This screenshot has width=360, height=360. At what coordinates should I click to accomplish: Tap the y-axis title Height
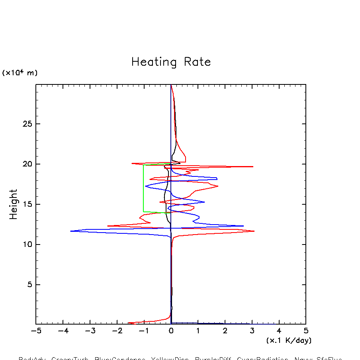[14, 204]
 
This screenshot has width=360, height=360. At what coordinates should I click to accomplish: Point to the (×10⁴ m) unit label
[20, 73]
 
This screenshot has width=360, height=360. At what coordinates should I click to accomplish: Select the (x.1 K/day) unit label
[289, 340]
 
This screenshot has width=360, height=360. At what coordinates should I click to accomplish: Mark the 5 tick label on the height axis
[29, 285]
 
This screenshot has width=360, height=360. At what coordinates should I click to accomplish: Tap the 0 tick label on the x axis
[171, 331]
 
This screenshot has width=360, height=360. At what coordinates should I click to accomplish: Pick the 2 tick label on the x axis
[225, 331]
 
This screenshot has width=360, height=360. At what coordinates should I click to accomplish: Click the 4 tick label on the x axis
[279, 331]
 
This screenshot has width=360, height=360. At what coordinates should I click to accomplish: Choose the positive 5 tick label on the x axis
[306, 331]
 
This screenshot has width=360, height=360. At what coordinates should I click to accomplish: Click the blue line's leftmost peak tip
[71, 231]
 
